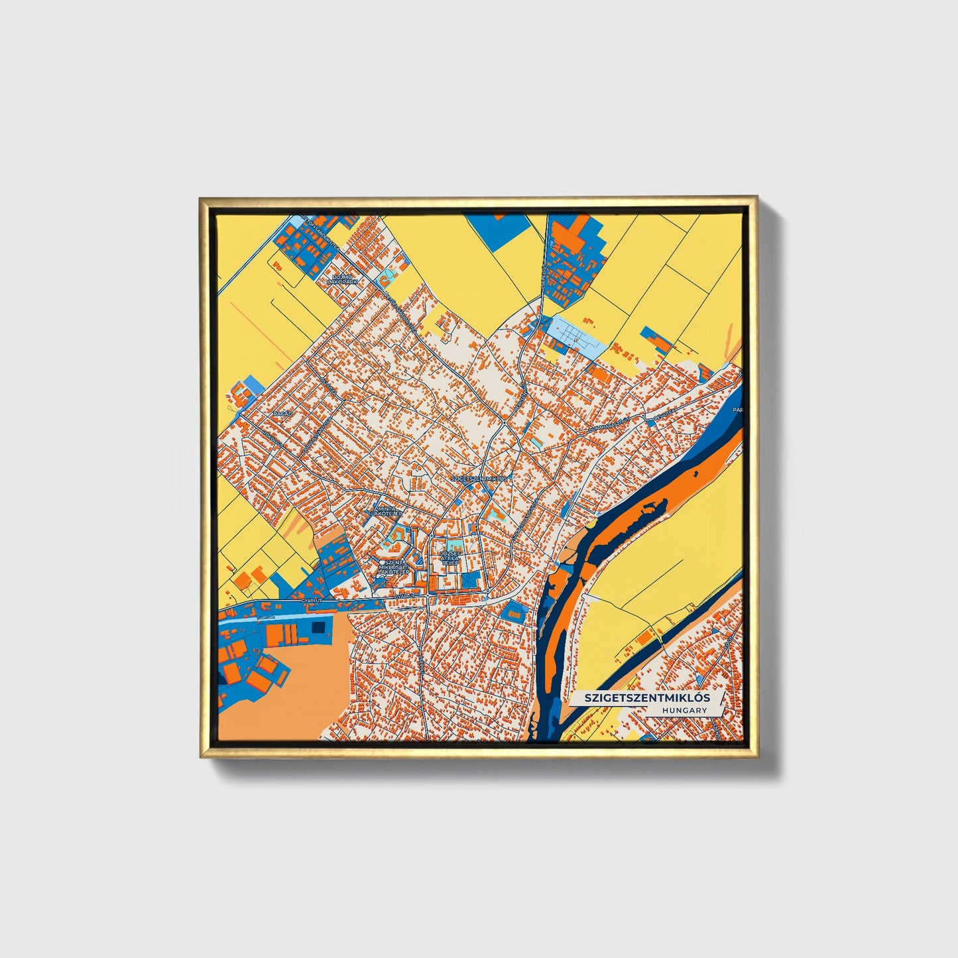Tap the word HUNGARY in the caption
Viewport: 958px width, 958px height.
coord(684,710)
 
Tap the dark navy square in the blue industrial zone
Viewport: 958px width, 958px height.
coord(319,627)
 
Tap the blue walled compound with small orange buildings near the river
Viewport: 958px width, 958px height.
coord(512,611)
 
